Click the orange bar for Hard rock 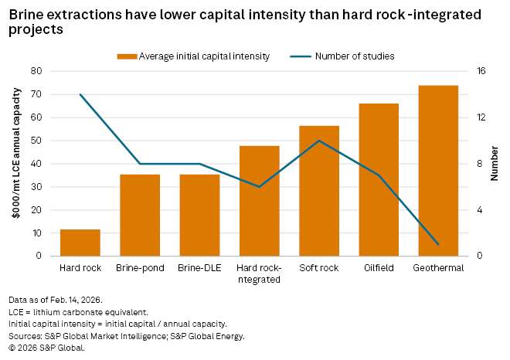[80, 243]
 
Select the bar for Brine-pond [140, 215]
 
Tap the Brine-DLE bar [199, 215]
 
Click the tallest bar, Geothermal [438, 171]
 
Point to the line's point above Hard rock [80, 94]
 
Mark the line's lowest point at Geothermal [438, 244]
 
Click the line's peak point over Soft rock [319, 141]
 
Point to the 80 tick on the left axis [36, 71]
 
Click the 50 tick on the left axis [36, 141]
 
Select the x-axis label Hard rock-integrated [259, 273]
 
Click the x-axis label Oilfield [379, 268]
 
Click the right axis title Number [495, 164]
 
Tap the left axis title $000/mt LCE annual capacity [15, 164]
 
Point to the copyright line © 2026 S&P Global [46, 347]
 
